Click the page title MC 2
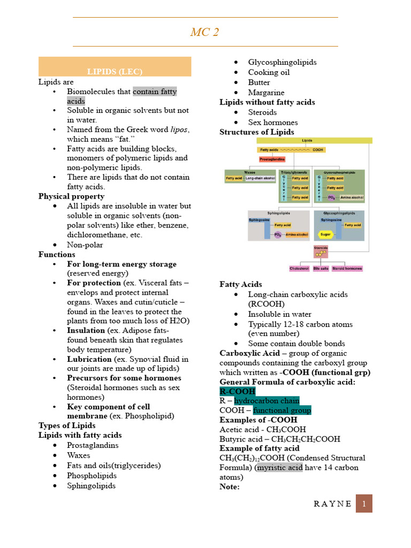coord(204,32)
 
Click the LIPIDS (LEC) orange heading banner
coord(115,71)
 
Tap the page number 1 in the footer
coord(364,504)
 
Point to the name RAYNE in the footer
coord(332,504)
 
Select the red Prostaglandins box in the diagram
coord(272,159)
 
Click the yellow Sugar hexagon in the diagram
coord(325,234)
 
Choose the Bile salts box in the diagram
coord(321,268)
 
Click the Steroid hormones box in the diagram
coord(347,268)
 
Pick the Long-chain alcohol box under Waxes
coord(260,179)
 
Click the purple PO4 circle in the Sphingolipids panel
coord(278,234)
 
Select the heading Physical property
coord(72,196)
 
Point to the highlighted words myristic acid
coord(279,468)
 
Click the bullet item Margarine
coord(266,93)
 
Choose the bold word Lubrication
coord(89,359)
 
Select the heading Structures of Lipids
coord(256,132)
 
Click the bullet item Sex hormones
coord(273,123)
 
